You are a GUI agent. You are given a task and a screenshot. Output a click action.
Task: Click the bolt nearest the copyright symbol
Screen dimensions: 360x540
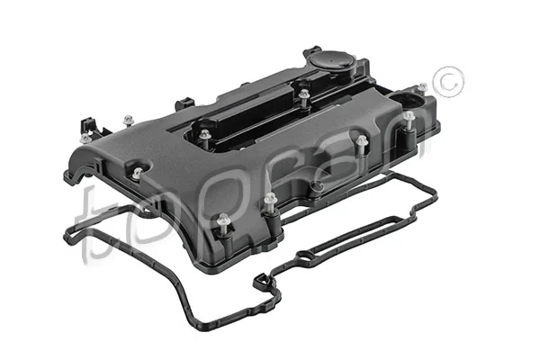[409, 118]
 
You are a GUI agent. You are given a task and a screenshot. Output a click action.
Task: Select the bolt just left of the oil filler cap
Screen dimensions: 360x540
[305, 93]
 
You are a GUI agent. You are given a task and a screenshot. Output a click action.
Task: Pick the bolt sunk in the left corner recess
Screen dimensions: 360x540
[138, 174]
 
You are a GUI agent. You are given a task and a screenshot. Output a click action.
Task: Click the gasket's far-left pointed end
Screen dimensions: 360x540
[66, 236]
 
